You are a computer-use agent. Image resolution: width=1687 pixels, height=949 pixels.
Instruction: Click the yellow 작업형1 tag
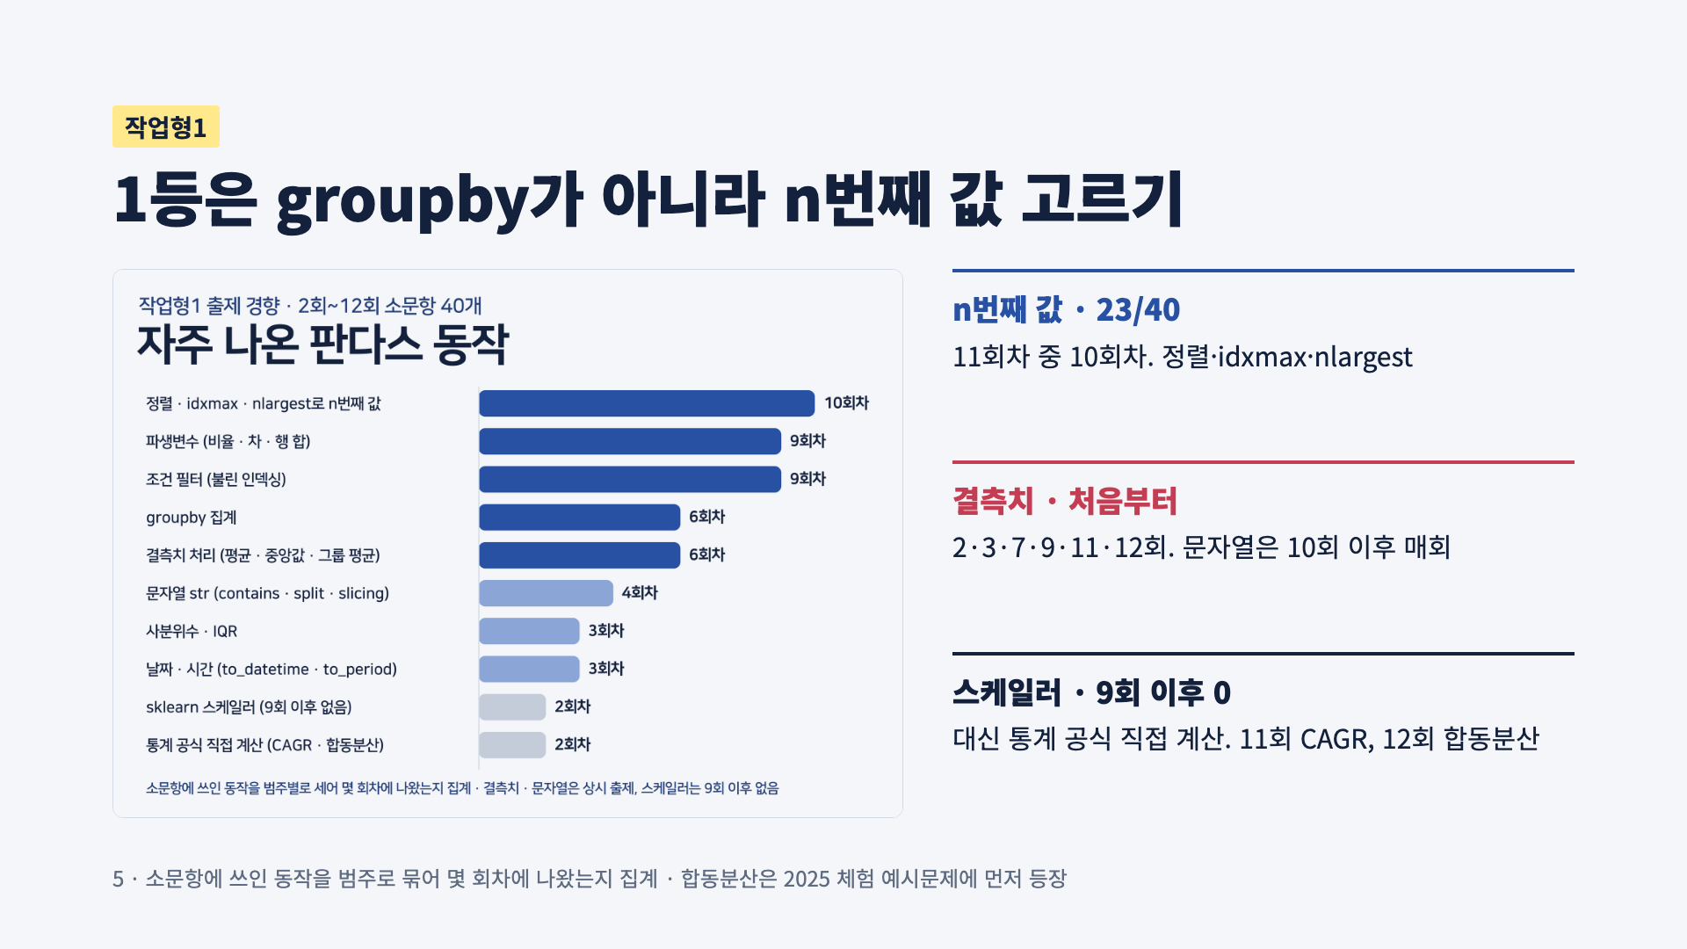coord(166,127)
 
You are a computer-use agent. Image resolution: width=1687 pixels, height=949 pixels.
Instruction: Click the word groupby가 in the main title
coord(429,200)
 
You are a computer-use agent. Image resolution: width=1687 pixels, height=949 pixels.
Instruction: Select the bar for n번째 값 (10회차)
coord(647,403)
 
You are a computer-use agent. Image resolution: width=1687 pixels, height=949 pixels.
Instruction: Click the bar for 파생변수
coord(630,441)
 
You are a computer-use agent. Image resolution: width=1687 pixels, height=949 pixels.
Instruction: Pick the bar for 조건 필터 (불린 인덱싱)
coord(630,479)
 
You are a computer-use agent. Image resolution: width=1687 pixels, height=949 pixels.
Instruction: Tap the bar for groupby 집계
coord(580,518)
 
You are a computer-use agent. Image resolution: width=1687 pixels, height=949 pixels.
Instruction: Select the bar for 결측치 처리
coord(580,555)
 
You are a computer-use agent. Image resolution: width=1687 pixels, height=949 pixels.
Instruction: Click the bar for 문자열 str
coord(546,593)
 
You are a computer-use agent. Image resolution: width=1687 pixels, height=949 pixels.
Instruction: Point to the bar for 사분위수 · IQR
coord(529,631)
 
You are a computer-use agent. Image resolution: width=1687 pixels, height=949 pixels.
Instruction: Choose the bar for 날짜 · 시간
coord(529,669)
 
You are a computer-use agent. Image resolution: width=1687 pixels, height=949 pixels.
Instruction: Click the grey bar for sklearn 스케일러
coord(512,707)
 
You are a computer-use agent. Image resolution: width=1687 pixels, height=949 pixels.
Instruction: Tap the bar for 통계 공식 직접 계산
coord(512,745)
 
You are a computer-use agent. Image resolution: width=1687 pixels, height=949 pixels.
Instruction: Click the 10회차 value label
coord(846,403)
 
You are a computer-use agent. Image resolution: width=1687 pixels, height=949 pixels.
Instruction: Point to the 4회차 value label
coord(640,593)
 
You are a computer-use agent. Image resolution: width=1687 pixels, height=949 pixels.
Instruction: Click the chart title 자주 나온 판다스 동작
coord(323,344)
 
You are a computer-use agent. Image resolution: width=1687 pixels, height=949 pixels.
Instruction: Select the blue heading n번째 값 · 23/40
coord(1066,309)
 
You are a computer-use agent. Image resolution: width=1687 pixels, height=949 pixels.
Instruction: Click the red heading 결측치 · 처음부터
coord(1065,501)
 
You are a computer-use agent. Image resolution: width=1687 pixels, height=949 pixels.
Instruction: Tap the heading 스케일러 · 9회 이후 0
coord(1091,692)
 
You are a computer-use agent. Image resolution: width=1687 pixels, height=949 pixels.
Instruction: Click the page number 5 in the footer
coord(118,879)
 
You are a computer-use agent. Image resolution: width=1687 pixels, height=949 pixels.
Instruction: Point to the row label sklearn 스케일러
coord(249,707)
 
